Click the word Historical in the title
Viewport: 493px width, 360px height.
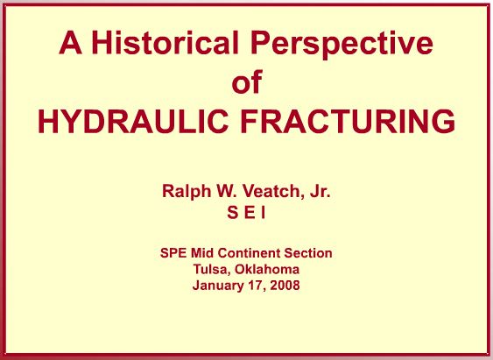pos(166,42)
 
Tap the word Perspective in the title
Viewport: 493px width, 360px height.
pos(342,44)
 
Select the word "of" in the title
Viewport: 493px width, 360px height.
pos(247,81)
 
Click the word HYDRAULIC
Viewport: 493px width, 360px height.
pos(133,122)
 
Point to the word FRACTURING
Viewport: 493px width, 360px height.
pos(348,122)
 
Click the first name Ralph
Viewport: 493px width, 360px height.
pos(187,191)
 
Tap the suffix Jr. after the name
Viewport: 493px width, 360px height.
pos(320,191)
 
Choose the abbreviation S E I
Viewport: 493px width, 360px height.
pos(246,213)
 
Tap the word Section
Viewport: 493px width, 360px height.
pos(308,253)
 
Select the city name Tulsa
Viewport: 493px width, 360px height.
pos(212,269)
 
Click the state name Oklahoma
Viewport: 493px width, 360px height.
pos(267,269)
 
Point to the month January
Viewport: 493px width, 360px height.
pos(217,286)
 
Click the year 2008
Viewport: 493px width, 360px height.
pos(285,286)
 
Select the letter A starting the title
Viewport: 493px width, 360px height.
pos(70,42)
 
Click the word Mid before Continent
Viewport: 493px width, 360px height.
pos(202,253)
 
